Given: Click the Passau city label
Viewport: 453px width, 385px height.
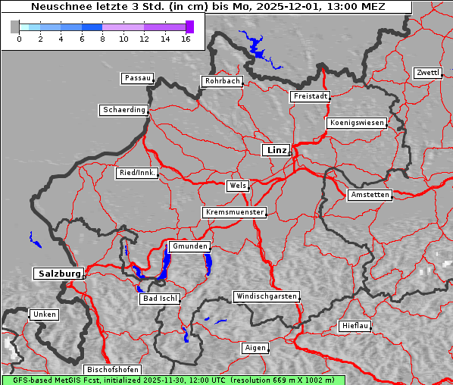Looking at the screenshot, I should [137, 78].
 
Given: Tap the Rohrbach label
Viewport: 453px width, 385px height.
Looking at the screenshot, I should [221, 81].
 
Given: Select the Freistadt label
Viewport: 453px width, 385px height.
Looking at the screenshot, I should [310, 96].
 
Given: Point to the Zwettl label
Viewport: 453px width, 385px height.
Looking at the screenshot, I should [427, 73].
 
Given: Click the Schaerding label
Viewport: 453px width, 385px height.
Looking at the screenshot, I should [123, 110].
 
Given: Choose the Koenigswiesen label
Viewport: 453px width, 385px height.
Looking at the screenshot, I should [357, 123].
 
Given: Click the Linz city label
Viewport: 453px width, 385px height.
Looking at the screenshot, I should [276, 150].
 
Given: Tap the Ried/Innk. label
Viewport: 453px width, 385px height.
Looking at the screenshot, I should [137, 173].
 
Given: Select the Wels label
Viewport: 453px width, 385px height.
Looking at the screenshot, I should [237, 186].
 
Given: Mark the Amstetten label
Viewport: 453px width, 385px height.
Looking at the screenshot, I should [369, 195].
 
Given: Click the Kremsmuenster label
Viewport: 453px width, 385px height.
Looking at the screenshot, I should [235, 212].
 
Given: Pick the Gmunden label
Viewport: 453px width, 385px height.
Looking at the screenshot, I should [189, 246].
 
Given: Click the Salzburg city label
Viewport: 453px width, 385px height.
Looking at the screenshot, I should [58, 273].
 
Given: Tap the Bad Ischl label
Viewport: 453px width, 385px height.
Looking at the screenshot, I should [160, 299].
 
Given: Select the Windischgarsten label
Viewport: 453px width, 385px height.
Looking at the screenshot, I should [265, 296].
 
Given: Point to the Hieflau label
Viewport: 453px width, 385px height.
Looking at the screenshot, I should [355, 326].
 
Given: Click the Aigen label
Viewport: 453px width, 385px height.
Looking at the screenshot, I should [255, 348].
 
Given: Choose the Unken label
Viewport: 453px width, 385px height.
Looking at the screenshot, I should [43, 314].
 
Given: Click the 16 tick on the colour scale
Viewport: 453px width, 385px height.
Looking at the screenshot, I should [186, 39].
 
